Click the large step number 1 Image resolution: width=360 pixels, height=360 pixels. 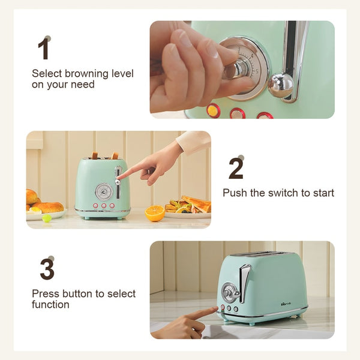click(x=44, y=49)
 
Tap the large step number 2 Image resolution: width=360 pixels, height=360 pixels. click(x=236, y=169)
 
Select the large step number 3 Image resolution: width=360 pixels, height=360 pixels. click(x=47, y=269)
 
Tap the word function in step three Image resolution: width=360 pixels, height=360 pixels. click(x=50, y=305)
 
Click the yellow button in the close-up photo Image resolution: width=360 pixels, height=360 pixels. click(x=212, y=110)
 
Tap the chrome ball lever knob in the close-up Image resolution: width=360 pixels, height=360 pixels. click(x=281, y=85)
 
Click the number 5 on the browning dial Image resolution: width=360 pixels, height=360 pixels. click(x=257, y=71)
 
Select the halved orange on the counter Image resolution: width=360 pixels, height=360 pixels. click(x=155, y=213)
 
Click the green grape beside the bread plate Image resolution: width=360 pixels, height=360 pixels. click(x=47, y=218)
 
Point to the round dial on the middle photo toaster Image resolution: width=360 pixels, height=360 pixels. click(x=104, y=192)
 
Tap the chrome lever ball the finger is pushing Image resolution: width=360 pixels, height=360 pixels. click(x=118, y=182)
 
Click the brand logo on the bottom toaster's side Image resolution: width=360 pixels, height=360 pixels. click(x=286, y=304)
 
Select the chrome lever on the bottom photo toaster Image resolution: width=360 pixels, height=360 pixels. click(x=244, y=283)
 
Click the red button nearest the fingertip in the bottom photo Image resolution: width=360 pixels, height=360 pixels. click(x=222, y=307)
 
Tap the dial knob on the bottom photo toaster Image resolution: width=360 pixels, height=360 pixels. click(x=231, y=293)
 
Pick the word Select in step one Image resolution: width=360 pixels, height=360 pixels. click(x=47, y=74)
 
